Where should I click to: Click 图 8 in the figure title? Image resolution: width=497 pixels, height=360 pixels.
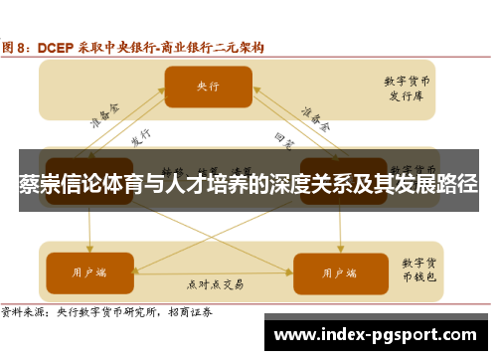(17, 47)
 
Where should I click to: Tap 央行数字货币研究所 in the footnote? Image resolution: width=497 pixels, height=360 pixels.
(109, 311)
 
